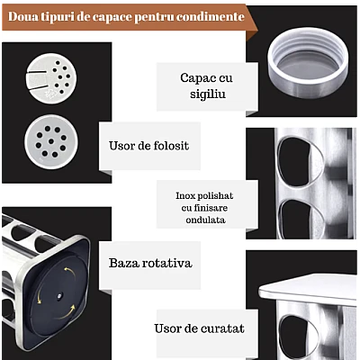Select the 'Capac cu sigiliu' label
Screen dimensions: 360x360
click(206, 85)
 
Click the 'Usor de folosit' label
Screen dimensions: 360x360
click(148, 146)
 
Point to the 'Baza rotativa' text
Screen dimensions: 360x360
click(150, 263)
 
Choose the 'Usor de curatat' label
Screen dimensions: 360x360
click(199, 328)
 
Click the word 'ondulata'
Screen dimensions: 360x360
click(205, 220)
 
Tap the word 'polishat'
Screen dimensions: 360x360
click(218, 196)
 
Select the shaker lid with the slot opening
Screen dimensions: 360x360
click(51, 78)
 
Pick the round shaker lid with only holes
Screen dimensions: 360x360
click(51, 141)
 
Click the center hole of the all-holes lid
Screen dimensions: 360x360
click(51, 141)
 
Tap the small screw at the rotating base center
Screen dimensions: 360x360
click(59, 296)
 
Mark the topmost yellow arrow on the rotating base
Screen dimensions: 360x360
click(70, 273)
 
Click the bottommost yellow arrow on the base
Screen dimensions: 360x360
click(67, 312)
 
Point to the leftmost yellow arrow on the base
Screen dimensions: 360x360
click(39, 296)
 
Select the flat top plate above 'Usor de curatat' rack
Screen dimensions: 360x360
click(308, 290)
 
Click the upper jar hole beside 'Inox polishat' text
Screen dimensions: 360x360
click(300, 163)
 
